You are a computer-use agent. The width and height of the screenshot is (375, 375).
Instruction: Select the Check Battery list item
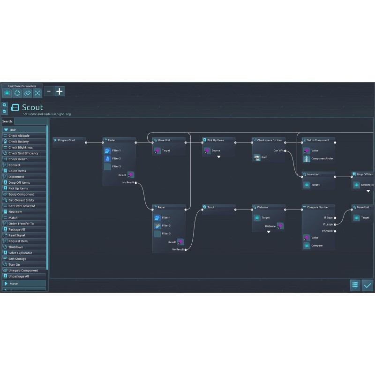tap(19, 142)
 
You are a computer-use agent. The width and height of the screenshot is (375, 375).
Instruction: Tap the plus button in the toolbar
tap(60, 91)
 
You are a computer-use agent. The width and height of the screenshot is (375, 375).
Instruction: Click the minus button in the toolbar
tap(49, 91)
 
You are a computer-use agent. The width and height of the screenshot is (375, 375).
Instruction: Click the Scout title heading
tap(32, 108)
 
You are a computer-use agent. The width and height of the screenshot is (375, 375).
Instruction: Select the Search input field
tap(30, 121)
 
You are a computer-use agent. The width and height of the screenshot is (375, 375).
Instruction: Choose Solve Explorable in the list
tap(21, 253)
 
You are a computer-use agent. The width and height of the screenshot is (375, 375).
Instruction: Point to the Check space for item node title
tap(270, 140)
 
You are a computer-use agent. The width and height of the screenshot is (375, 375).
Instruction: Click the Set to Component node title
tap(318, 140)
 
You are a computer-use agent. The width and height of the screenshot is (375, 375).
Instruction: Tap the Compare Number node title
tap(317, 207)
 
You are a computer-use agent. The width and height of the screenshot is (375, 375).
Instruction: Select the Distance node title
tap(262, 207)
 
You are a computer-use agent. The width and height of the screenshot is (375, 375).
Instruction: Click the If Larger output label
tap(328, 225)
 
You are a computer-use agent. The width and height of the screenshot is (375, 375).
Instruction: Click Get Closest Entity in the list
tap(22, 200)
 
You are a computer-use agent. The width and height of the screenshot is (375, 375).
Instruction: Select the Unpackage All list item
tap(19, 276)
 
